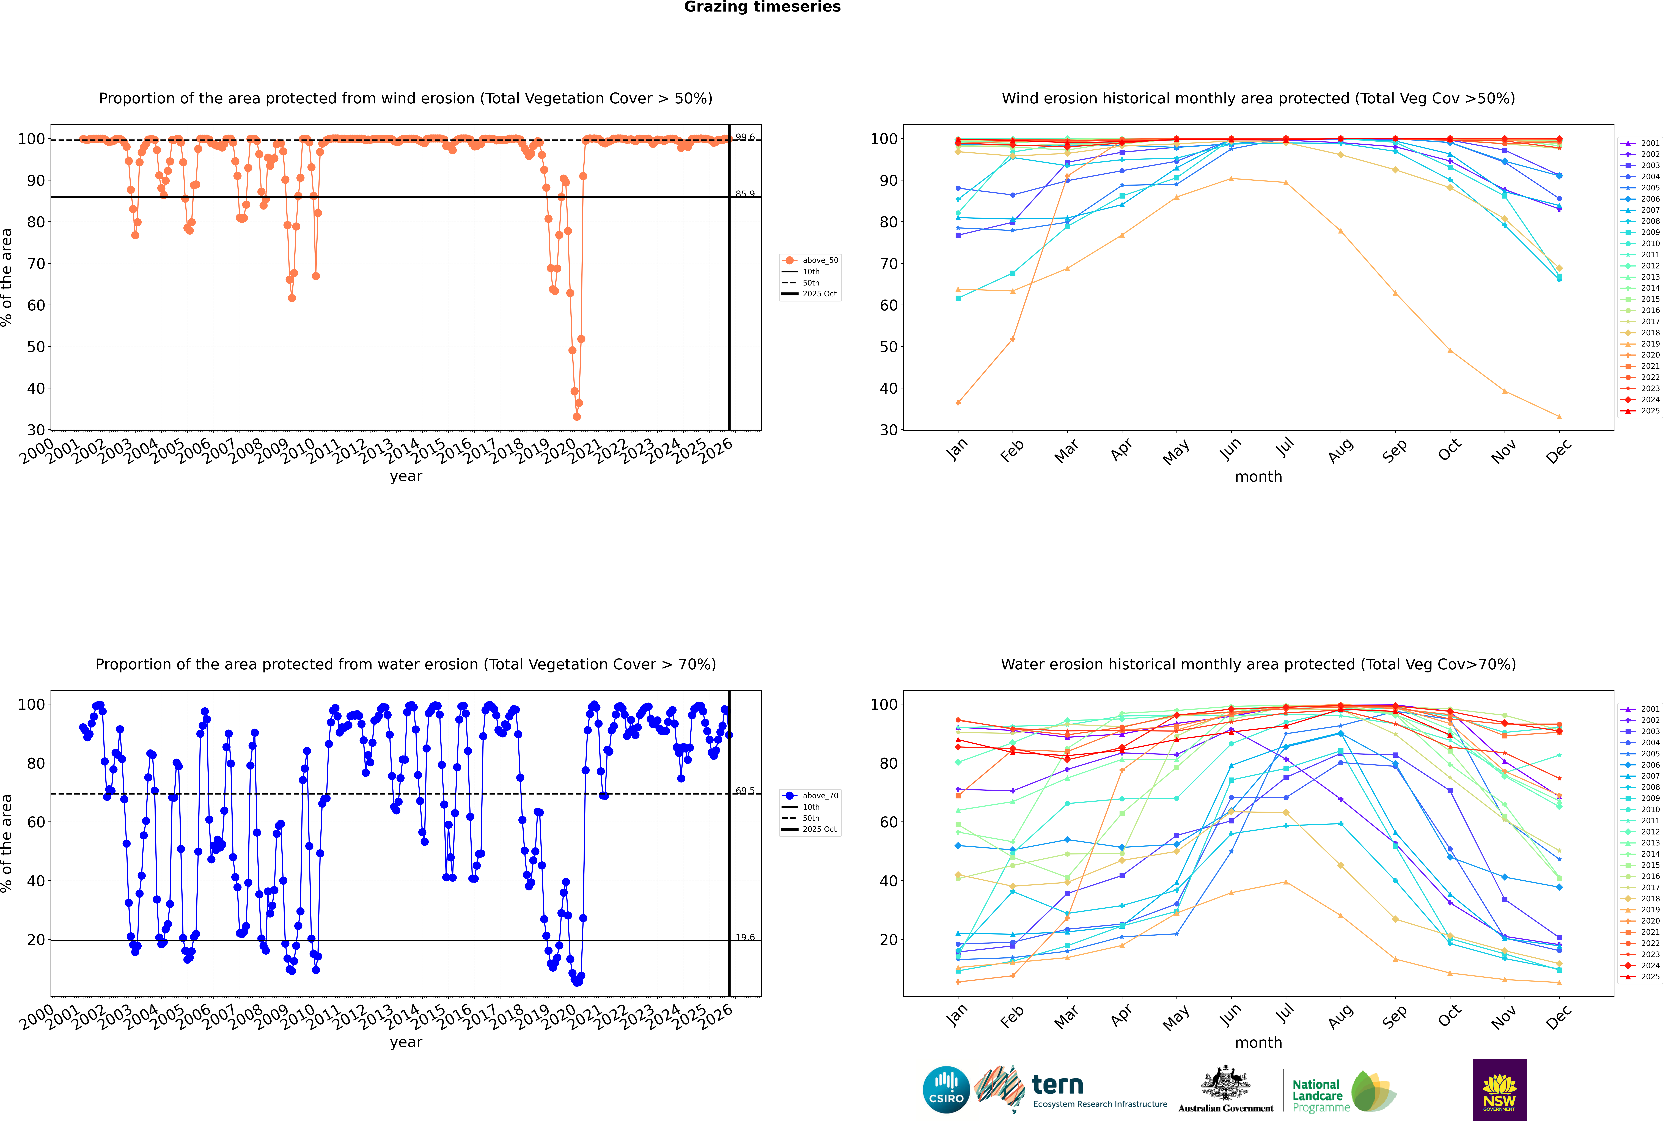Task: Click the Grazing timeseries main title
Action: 762,7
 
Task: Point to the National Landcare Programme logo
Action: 1343,1092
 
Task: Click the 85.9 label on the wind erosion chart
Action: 745,194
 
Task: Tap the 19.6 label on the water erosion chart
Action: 745,937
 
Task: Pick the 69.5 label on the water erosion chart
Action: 745,791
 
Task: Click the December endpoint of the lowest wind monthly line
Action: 1559,417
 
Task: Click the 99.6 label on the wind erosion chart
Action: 745,137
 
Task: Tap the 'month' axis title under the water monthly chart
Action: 1258,1042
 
